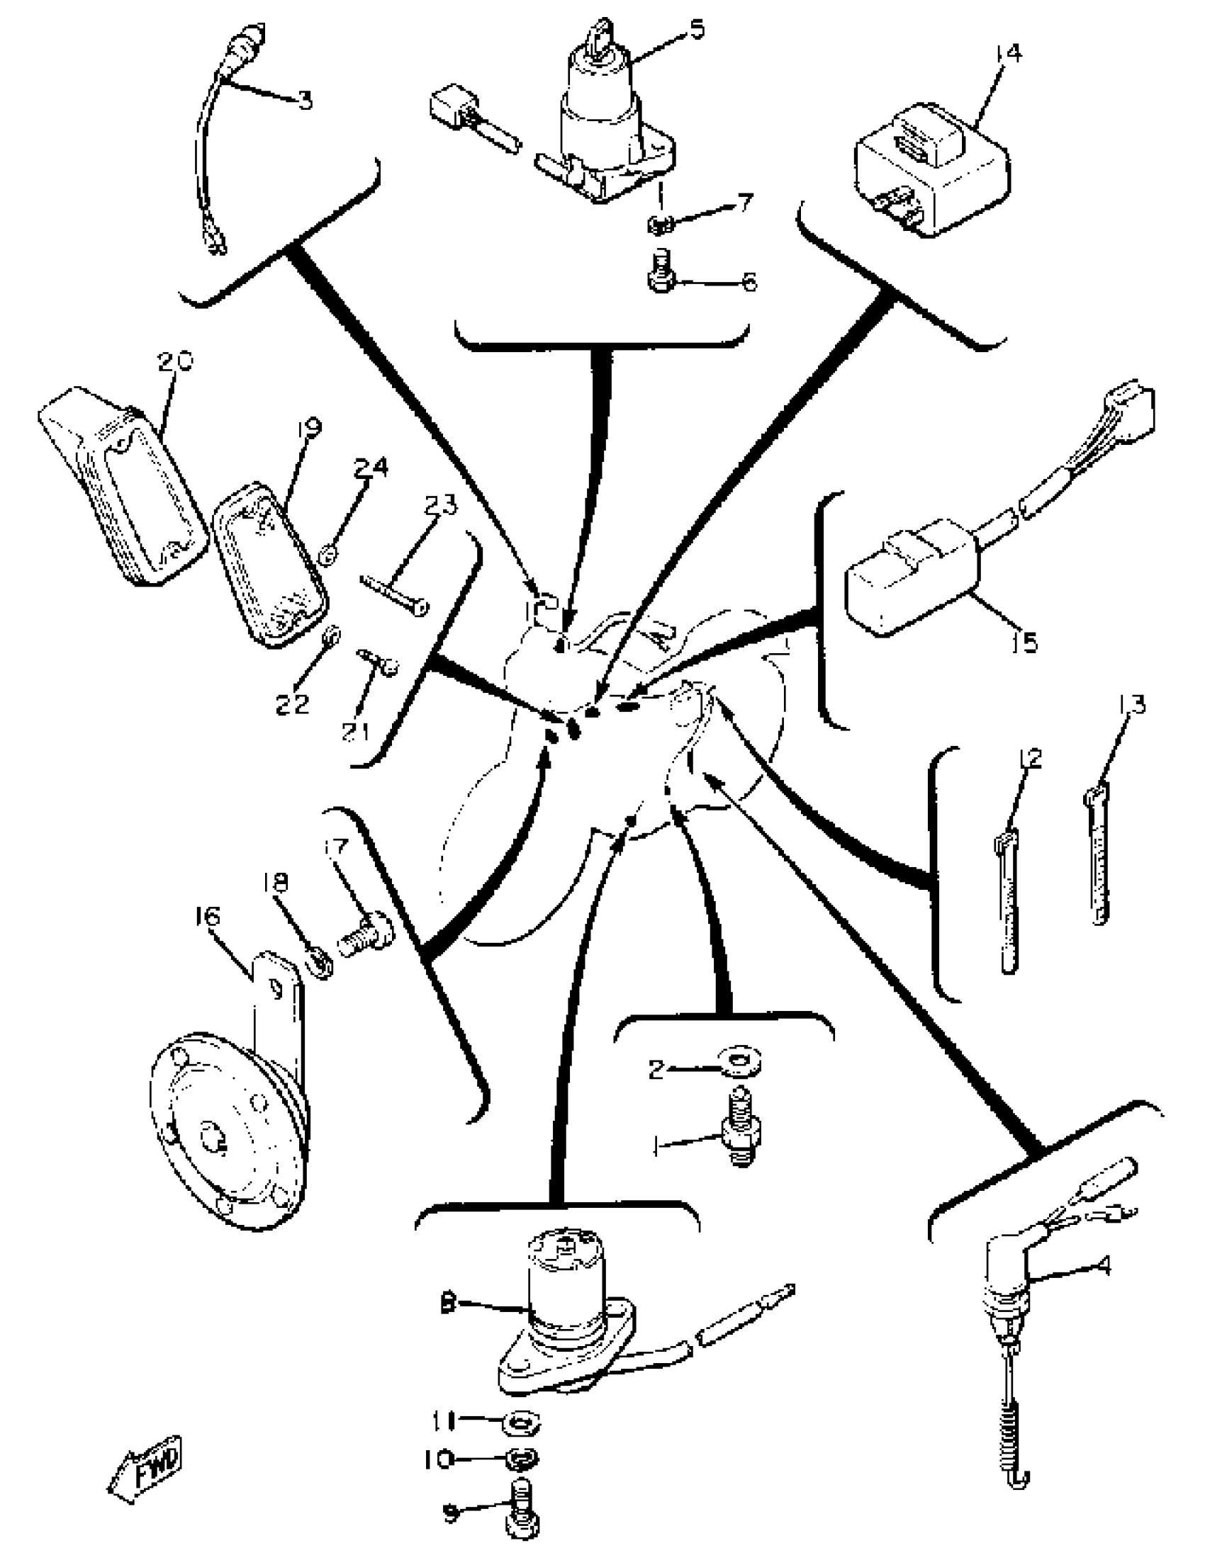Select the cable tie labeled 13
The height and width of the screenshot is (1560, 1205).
1099,856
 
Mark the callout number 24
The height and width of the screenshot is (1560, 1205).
370,468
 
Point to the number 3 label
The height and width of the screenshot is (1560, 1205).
306,100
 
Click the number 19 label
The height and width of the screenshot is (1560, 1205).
309,427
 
